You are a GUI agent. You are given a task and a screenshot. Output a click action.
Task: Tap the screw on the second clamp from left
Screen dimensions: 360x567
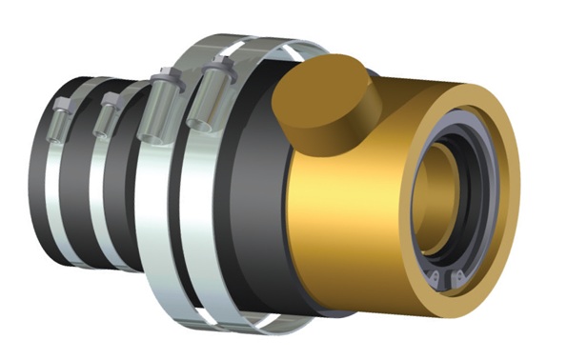click(x=107, y=112)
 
